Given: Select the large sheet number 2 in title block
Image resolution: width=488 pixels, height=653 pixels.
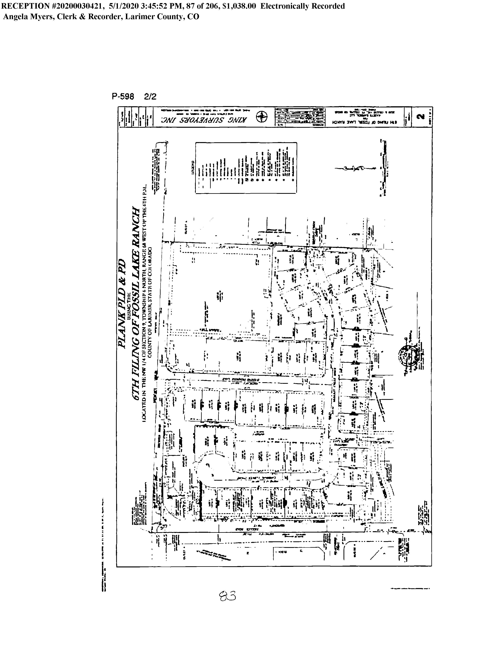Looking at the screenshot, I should click(422, 117).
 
